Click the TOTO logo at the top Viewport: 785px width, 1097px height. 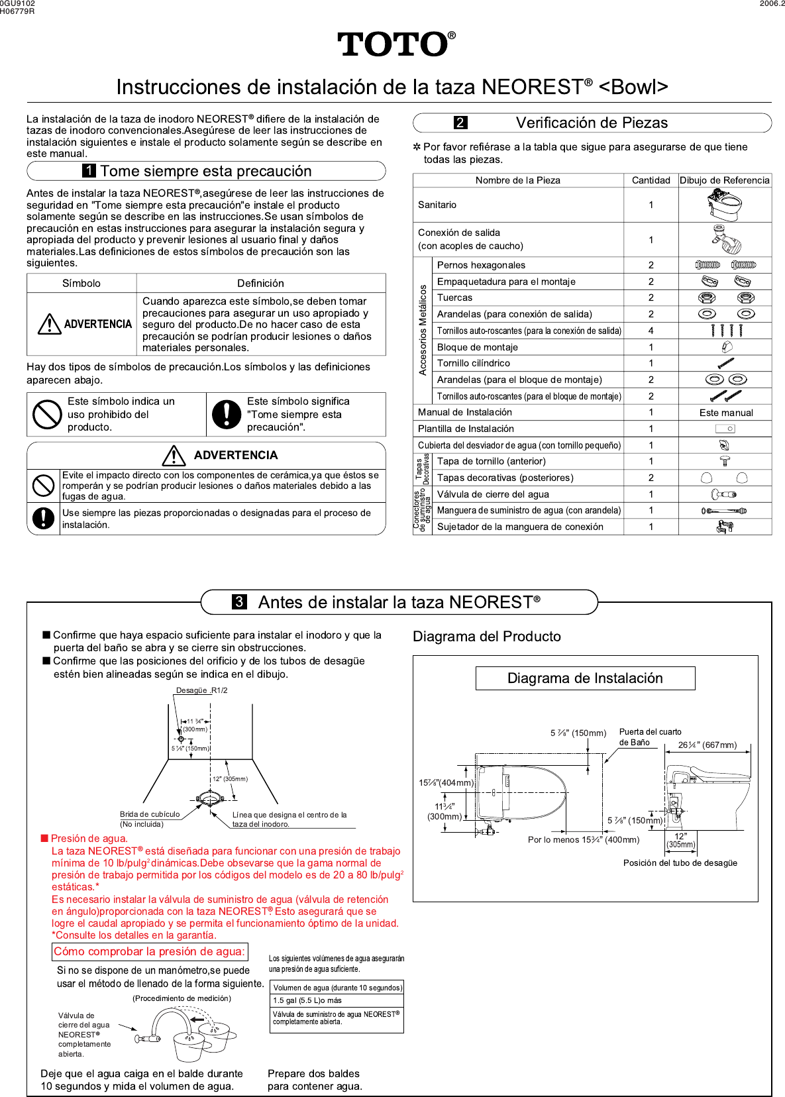click(396, 44)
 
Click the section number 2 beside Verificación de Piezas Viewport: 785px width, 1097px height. click(460, 123)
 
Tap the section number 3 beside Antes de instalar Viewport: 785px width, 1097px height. click(239, 602)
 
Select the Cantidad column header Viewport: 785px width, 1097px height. click(651, 180)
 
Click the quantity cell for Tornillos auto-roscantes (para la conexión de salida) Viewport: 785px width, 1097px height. click(651, 331)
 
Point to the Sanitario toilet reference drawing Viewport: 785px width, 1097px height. click(724, 205)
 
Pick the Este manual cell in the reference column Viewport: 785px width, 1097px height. click(726, 413)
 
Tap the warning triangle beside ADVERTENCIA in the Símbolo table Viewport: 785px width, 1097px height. click(50, 324)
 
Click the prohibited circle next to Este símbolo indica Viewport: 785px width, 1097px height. click(47, 415)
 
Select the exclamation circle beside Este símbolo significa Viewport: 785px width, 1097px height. click(227, 415)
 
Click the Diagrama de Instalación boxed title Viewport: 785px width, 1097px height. click(585, 678)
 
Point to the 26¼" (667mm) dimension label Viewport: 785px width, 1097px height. click(707, 745)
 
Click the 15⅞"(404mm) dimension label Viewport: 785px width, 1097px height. click(446, 783)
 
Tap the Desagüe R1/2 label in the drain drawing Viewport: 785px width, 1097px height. click(201, 690)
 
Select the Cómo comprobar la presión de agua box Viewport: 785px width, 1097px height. click(150, 951)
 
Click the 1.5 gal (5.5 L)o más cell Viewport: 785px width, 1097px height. click(337, 1000)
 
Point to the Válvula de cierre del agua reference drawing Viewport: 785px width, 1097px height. click(724, 494)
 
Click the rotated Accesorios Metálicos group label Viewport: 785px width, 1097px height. click(423, 331)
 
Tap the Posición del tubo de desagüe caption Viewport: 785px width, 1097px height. click(680, 862)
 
